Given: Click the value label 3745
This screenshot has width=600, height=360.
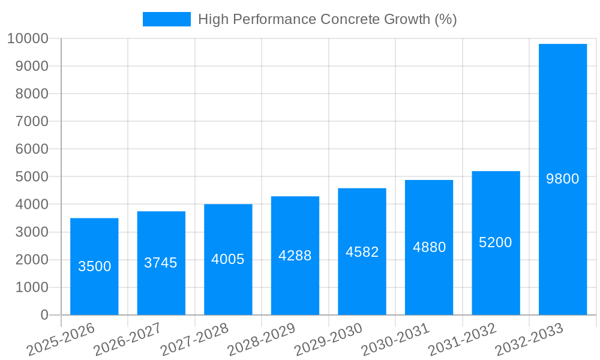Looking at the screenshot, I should point(161,263).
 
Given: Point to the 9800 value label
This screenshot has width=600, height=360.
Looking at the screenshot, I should point(562,179).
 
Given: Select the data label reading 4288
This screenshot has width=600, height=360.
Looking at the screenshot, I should point(295,256).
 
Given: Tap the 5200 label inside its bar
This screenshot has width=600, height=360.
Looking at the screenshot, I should point(496,242).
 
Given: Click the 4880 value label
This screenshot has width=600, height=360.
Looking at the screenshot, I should point(429,247).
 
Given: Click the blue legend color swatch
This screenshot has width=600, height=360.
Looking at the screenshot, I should point(166,19).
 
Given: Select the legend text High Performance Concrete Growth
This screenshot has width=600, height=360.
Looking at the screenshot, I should point(328,19).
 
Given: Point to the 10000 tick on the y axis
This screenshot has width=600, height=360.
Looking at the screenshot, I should point(28,39).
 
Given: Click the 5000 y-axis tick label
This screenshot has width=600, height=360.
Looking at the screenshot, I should point(32,177).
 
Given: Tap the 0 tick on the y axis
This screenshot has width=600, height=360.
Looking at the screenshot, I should point(44,315).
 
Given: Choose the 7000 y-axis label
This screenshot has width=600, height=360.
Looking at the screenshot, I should point(32,122).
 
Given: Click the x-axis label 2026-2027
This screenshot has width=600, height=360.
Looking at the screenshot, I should point(128,340).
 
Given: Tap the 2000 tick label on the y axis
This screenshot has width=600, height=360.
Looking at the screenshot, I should point(32,260).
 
